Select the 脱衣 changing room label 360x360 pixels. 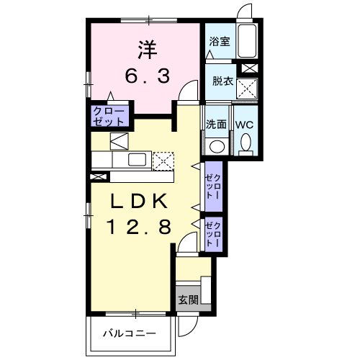pos(221,81)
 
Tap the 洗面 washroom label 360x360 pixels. pos(217,124)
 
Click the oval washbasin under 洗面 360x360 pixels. pos(216,146)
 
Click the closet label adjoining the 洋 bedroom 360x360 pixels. pos(109,116)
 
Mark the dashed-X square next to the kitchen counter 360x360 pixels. pos(164,160)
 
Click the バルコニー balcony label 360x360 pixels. pos(130,333)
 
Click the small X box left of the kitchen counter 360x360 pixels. pos(96,176)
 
